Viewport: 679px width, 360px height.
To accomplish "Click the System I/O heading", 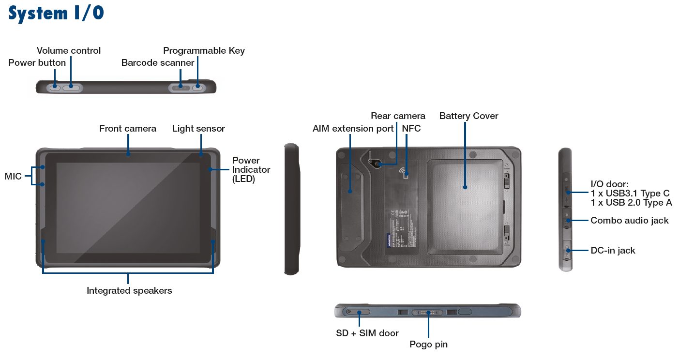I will (56, 14).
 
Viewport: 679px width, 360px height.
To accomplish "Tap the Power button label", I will (37, 63).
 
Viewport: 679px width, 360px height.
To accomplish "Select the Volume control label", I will (69, 51).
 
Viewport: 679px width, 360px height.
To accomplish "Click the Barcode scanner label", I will (158, 63).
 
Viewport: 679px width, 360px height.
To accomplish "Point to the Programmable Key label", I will (204, 51).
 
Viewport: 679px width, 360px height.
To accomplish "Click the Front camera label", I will (128, 129).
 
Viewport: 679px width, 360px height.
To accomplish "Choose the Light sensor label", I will (198, 129).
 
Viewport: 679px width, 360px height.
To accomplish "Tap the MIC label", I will (13, 177).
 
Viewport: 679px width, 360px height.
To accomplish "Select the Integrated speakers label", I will (129, 291).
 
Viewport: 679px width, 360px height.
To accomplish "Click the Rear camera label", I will (398, 116).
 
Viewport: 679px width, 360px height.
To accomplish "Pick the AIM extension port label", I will (353, 129).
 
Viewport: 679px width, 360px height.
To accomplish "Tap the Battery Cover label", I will (468, 116).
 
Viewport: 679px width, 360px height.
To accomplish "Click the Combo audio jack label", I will (629, 221).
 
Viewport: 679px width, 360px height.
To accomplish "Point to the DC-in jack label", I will (613, 251).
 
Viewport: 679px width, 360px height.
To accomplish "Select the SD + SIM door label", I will (367, 333).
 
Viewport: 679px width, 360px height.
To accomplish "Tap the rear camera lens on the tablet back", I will (377, 164).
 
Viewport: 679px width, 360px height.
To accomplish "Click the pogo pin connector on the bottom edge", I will (428, 312).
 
